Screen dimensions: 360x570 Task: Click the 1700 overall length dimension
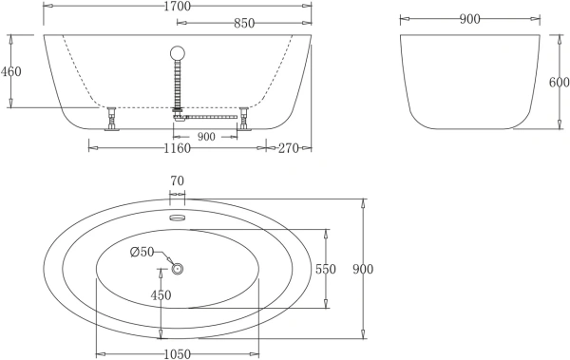point(177,6)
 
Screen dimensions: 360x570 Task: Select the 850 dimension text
point(242,22)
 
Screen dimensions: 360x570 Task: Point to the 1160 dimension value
point(177,147)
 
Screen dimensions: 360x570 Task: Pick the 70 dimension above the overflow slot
point(177,180)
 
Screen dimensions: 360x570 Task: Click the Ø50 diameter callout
point(142,251)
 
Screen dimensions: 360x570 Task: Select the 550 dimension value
point(325,269)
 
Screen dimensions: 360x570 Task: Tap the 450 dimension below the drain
point(161,295)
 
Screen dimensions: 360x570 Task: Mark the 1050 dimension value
point(177,353)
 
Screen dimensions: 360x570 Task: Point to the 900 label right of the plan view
point(362,269)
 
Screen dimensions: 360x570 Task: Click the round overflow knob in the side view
point(177,53)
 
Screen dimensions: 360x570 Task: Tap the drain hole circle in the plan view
point(177,269)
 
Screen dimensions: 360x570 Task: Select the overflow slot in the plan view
point(177,217)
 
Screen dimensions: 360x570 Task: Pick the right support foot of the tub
point(244,120)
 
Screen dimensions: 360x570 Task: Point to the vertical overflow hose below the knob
point(177,85)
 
